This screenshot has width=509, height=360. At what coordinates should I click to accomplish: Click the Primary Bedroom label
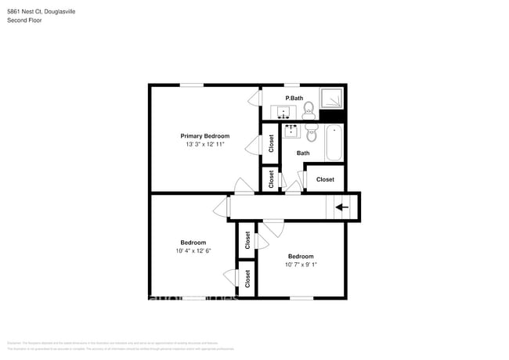coord(205,135)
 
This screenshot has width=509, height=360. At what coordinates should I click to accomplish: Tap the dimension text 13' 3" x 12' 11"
coord(205,145)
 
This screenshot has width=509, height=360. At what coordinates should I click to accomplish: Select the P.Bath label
coord(294,98)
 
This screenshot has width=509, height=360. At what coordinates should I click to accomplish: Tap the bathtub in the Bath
coord(334,142)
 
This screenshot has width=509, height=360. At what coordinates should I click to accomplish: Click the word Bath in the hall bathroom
coord(303,153)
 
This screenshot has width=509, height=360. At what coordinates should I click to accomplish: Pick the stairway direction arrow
coord(341,207)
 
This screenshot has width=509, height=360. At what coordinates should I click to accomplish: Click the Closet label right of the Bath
coord(325,179)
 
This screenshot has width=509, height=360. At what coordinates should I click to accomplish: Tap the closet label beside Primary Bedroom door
coord(271,143)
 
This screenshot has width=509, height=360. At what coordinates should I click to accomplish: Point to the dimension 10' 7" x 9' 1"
coord(300,265)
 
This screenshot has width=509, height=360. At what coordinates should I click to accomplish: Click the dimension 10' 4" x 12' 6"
coord(193,251)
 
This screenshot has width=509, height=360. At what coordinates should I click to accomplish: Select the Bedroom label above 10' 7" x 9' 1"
coord(300,256)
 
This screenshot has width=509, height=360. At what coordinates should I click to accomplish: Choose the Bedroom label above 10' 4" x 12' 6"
coord(193,243)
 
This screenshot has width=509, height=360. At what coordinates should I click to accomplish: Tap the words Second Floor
coord(25,20)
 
